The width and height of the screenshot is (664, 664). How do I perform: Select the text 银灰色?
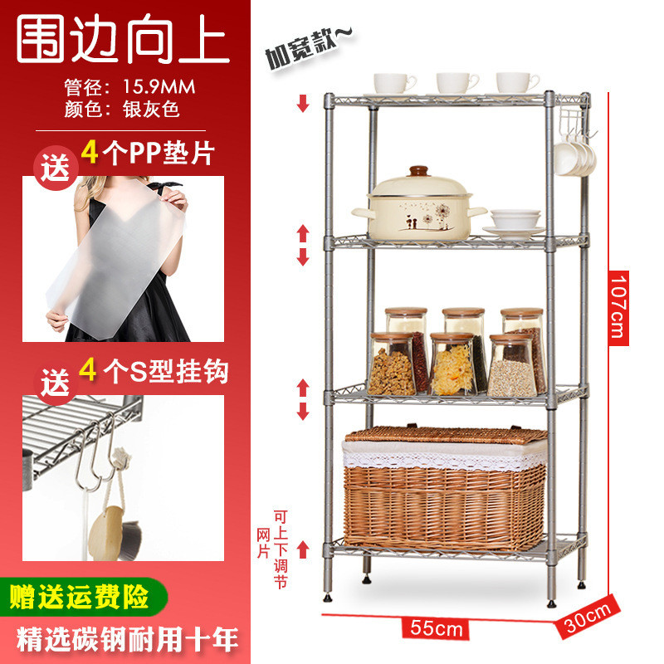click(151, 109)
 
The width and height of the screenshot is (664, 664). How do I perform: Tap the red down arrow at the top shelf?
click(304, 104)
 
